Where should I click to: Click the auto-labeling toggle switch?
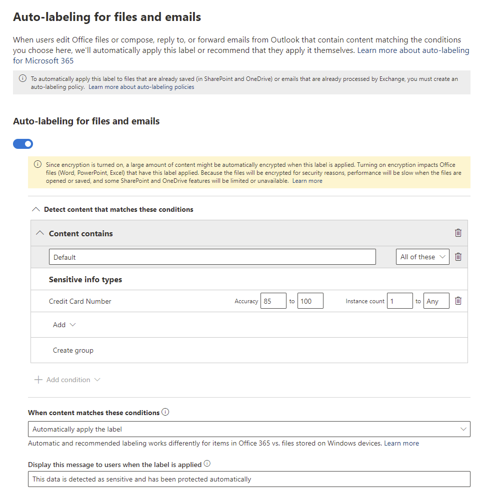[x=23, y=144]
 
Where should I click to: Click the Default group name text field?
[x=212, y=257]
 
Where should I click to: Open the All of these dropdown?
[x=422, y=257]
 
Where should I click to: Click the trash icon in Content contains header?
[x=458, y=233]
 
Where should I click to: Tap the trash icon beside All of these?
[x=458, y=257]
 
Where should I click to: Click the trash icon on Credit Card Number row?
[x=458, y=301]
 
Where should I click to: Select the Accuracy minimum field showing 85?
[x=273, y=301]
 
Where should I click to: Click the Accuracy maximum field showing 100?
[x=310, y=301]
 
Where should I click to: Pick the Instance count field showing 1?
[x=399, y=301]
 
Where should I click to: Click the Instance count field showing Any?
[x=436, y=301]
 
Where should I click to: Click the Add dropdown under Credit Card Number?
[x=64, y=325]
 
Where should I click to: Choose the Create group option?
[x=73, y=350]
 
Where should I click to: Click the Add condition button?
[x=67, y=380]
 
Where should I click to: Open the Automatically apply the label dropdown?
[x=249, y=429]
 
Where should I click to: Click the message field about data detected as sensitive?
[x=249, y=479]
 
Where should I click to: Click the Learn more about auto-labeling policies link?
[x=141, y=87]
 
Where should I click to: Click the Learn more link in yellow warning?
[x=307, y=181]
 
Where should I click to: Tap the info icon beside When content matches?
[x=165, y=413]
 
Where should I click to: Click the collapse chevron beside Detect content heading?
[x=35, y=209]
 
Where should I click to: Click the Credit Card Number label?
[x=80, y=301]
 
